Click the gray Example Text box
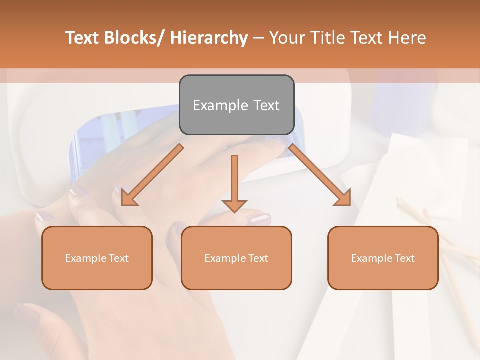coord(236,105)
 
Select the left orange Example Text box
coord(97,258)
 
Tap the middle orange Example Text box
coord(236,258)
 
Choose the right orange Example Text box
coord(383,258)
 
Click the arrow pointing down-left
coord(152,175)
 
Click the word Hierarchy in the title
coord(209,38)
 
